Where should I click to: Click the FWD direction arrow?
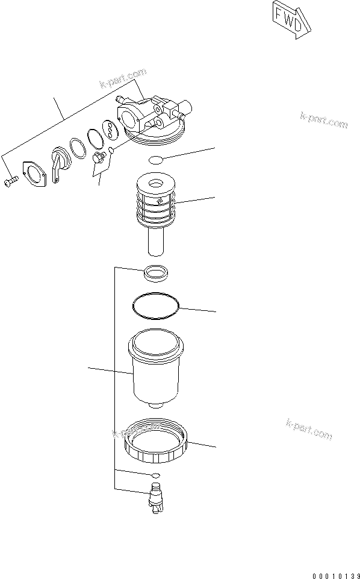click(291, 20)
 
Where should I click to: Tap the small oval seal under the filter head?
click(155, 160)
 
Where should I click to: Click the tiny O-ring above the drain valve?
click(155, 476)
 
